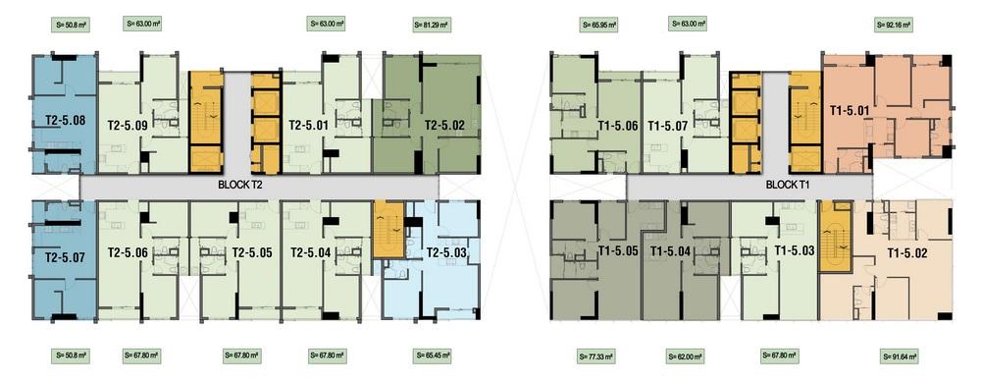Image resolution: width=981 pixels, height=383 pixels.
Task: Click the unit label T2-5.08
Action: [66, 119]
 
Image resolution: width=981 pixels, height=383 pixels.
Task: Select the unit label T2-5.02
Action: [444, 125]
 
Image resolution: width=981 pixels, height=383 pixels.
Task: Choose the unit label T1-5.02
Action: [907, 253]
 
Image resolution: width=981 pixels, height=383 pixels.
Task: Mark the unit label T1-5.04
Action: [670, 251]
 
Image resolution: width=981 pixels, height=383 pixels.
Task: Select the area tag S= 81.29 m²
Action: [432, 25]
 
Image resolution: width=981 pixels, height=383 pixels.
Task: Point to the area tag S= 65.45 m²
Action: [432, 356]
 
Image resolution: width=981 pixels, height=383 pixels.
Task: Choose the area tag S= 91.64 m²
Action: [901, 356]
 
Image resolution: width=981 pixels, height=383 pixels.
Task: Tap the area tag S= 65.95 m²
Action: [598, 25]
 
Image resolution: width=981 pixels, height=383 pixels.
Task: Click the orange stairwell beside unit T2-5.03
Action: [388, 230]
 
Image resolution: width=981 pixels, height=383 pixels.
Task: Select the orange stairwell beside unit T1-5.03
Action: [836, 237]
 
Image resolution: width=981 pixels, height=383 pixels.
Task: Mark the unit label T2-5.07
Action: [66, 256]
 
